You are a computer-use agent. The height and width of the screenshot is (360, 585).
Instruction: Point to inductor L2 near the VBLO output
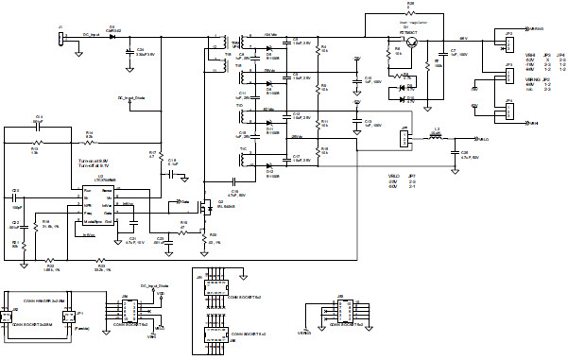(x=437, y=136)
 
